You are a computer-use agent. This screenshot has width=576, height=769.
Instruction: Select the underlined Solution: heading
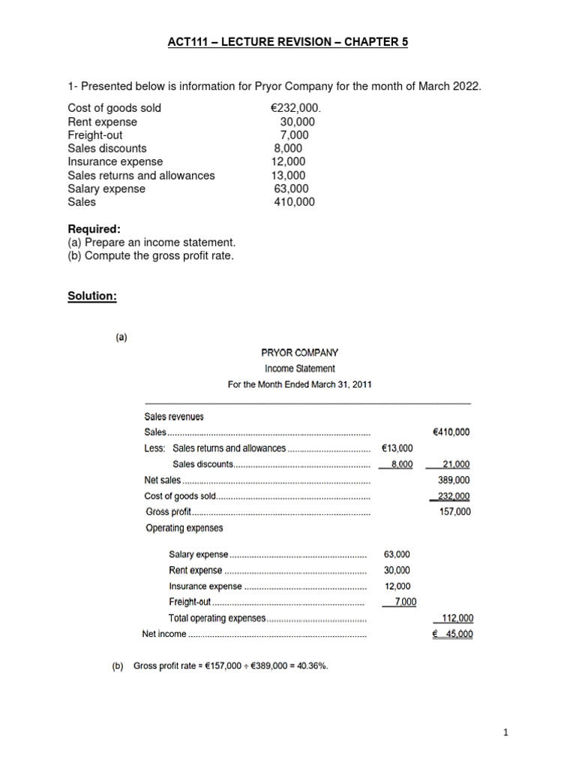pyautogui.click(x=92, y=296)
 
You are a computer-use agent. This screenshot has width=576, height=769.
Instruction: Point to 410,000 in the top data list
pyautogui.click(x=295, y=202)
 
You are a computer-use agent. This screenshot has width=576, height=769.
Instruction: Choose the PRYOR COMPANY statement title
pyautogui.click(x=299, y=352)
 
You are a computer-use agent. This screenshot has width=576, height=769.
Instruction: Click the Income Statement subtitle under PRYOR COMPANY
pyautogui.click(x=299, y=369)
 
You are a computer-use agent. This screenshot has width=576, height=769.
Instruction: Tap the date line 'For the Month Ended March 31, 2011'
pyautogui.click(x=299, y=384)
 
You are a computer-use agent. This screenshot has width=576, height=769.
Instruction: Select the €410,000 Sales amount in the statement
pyautogui.click(x=451, y=433)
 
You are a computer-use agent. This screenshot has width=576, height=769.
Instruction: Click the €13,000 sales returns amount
pyautogui.click(x=397, y=448)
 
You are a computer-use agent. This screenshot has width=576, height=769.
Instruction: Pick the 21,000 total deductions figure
pyautogui.click(x=456, y=464)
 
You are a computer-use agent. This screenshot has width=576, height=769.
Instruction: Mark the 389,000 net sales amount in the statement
pyautogui.click(x=454, y=480)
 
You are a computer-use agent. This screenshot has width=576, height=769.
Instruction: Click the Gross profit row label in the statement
pyautogui.click(x=168, y=512)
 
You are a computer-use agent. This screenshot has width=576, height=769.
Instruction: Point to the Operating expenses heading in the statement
pyautogui.click(x=184, y=528)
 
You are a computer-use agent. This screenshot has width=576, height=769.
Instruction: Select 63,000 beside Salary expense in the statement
pyautogui.click(x=397, y=554)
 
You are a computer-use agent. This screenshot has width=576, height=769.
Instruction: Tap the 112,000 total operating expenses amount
pyautogui.click(x=457, y=618)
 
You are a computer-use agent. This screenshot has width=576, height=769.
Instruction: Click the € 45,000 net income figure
pyautogui.click(x=454, y=634)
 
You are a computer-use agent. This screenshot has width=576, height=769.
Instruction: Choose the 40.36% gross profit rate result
pyautogui.click(x=312, y=665)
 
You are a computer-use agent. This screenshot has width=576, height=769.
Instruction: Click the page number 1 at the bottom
pyautogui.click(x=506, y=734)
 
